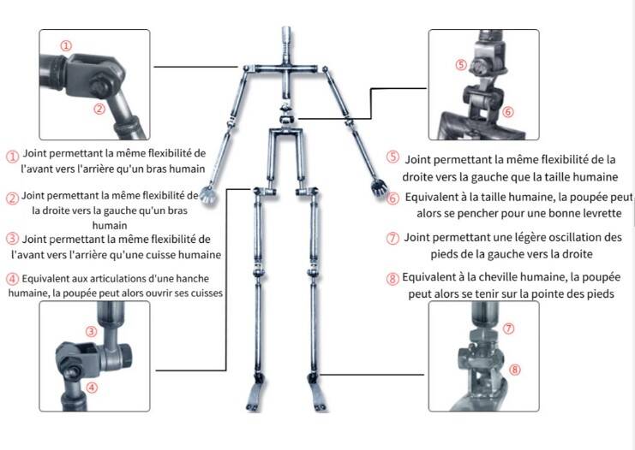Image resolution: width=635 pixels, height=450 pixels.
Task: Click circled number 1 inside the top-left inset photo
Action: click(x=66, y=45)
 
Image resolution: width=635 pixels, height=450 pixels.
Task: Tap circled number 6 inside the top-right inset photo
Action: click(x=508, y=111)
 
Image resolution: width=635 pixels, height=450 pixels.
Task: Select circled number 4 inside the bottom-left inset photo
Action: click(x=92, y=388)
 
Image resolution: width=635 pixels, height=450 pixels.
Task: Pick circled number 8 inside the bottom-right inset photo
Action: click(x=514, y=369)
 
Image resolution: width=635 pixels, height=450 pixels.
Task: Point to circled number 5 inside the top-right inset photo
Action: click(x=461, y=65)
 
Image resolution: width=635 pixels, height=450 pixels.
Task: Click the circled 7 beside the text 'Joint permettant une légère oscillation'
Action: click(x=392, y=238)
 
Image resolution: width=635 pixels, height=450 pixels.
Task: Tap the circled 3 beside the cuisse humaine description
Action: click(x=12, y=239)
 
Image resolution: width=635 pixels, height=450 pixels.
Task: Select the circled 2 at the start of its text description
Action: click(x=12, y=198)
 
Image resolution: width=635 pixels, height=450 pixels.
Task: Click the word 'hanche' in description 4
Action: click(x=193, y=279)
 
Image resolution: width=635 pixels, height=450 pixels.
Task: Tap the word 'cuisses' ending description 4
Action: click(x=207, y=293)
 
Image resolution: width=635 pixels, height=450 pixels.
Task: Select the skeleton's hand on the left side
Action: click(x=208, y=193)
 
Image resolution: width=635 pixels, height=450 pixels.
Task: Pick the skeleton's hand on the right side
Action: click(x=379, y=187)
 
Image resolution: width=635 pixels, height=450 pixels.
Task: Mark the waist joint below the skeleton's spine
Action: click(x=286, y=115)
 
